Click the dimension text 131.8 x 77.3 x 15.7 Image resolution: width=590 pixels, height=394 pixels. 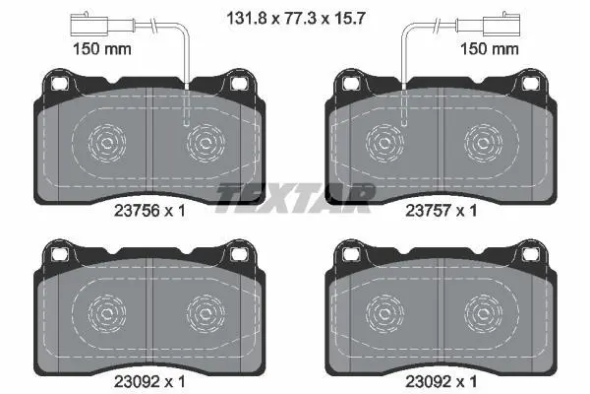(296, 18)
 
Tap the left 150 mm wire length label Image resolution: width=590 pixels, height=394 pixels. (102, 49)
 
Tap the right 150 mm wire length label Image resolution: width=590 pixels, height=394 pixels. (489, 49)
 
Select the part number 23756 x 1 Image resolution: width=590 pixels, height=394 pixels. (149, 211)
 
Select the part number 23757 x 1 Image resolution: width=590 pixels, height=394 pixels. (441, 211)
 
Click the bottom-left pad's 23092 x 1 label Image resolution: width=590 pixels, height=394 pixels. (149, 382)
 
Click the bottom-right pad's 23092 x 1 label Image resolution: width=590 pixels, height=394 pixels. (441, 382)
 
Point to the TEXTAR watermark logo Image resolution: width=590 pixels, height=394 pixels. (295, 198)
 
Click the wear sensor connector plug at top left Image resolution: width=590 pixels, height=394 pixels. (89, 25)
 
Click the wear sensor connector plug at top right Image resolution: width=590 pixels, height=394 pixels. (501, 25)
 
